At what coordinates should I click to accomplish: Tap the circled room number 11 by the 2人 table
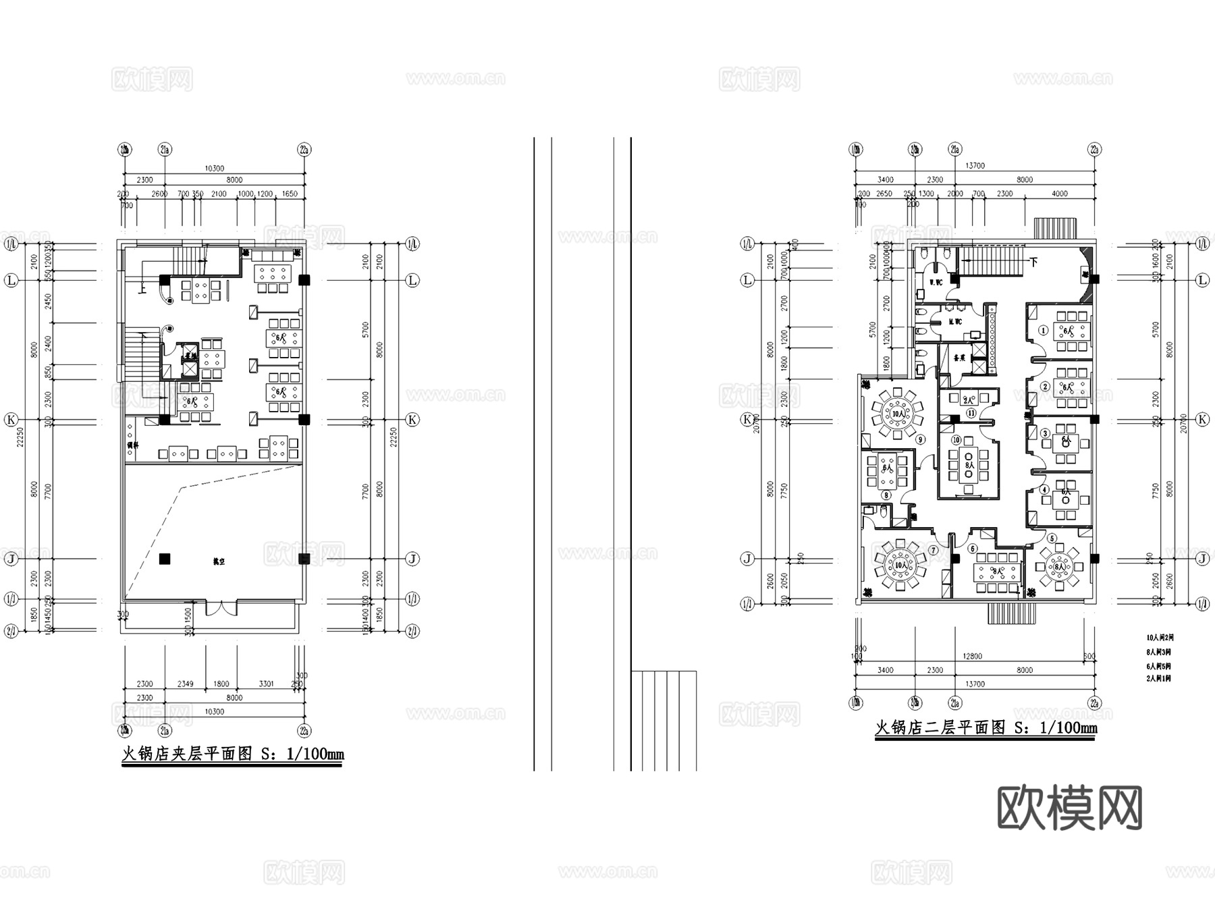point(971,413)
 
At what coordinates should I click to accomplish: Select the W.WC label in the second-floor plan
point(936,282)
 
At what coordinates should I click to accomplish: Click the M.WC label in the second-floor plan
point(954,322)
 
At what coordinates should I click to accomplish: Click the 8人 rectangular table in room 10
point(969,465)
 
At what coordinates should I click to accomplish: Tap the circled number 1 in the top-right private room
point(1043,330)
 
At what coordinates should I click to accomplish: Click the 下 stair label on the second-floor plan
point(1033,262)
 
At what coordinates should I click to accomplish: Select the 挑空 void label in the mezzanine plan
point(218,561)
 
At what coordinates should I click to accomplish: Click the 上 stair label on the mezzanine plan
point(142,290)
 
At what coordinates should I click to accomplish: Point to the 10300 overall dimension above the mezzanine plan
point(214,168)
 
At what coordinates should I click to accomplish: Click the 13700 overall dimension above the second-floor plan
point(975,165)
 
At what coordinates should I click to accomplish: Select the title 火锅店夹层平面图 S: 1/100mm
point(232,754)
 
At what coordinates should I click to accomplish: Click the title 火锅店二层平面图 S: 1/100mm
point(986,727)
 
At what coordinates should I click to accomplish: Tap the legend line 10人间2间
point(1159,637)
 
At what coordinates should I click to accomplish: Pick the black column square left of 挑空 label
point(165,559)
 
